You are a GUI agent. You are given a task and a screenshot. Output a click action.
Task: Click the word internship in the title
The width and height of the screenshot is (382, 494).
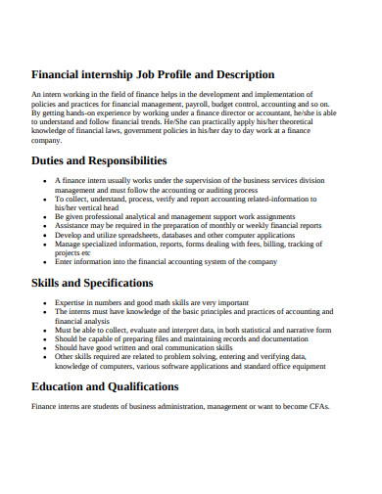tap(109, 74)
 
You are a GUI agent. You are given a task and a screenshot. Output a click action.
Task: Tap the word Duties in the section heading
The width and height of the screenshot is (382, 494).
tap(53, 160)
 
